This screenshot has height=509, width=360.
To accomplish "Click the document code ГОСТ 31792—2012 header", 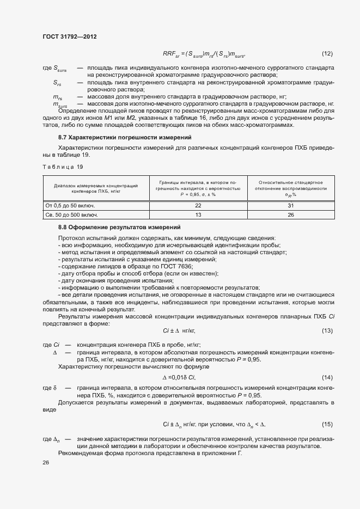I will [69, 36].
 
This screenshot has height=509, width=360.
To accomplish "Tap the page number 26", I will [46, 463].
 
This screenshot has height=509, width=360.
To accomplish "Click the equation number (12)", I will [327, 53].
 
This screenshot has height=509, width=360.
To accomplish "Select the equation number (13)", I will [327, 331].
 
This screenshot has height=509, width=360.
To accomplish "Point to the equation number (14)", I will [327, 377].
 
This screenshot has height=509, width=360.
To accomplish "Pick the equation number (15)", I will [327, 424].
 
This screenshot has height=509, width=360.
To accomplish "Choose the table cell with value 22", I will [198, 205].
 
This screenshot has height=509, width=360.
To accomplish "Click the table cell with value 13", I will [198, 214].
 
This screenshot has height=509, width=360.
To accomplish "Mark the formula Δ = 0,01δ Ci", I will [179, 378].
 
